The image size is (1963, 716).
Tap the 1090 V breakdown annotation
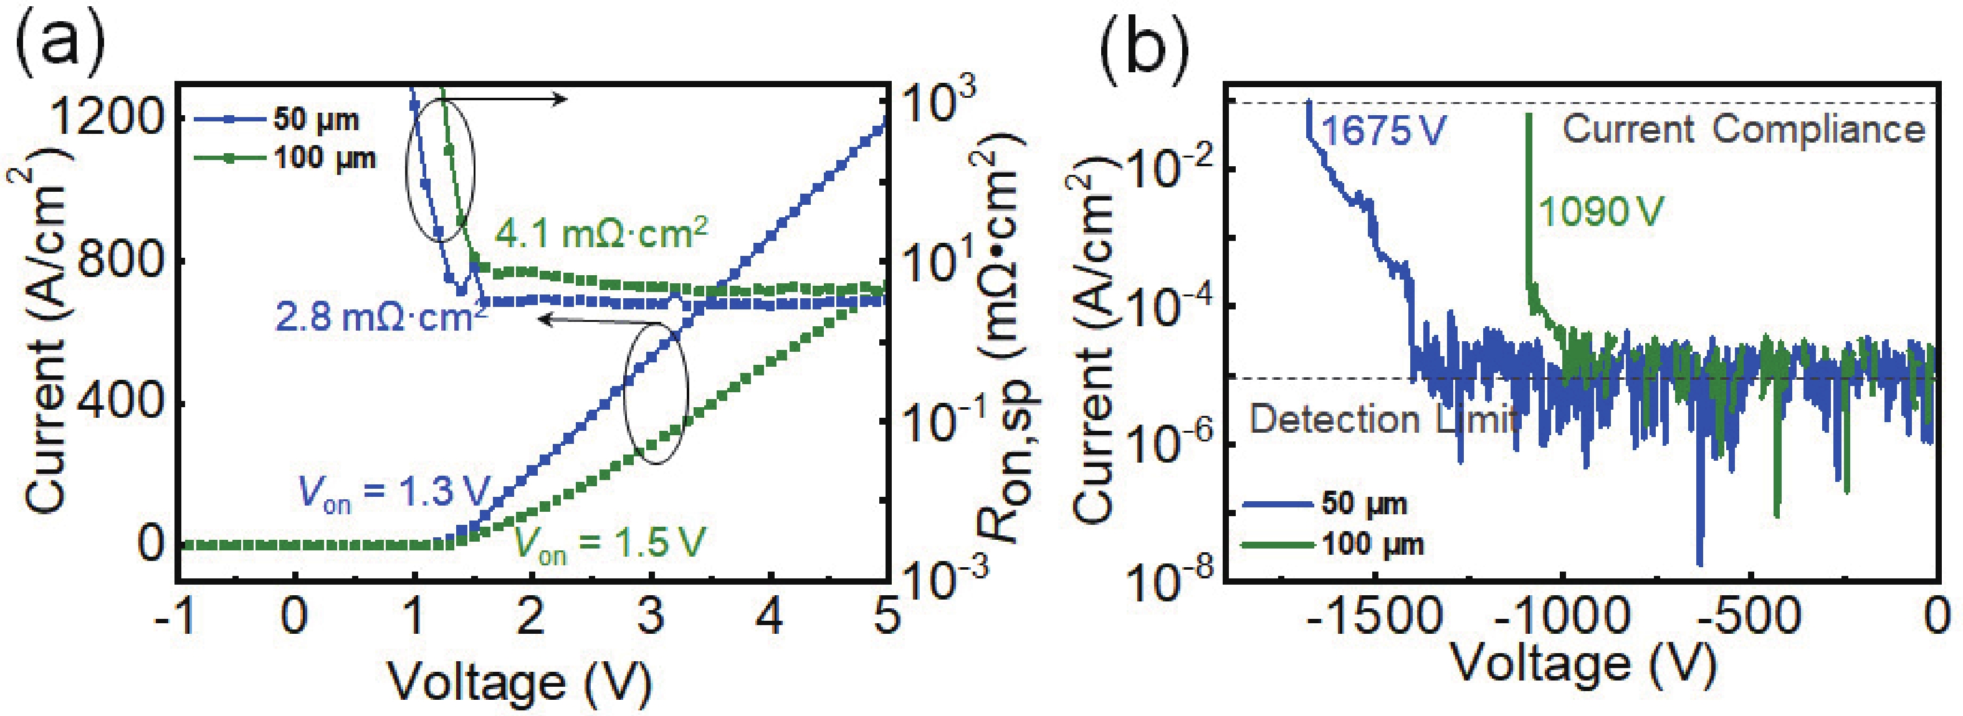(1600, 211)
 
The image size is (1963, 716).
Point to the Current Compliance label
(1744, 130)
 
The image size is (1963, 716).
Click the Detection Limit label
(1383, 420)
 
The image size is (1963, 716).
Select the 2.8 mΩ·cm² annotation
(381, 317)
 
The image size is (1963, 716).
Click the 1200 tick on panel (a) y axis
(106, 118)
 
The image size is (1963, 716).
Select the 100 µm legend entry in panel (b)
(1334, 544)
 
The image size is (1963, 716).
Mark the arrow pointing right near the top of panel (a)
(518, 99)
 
